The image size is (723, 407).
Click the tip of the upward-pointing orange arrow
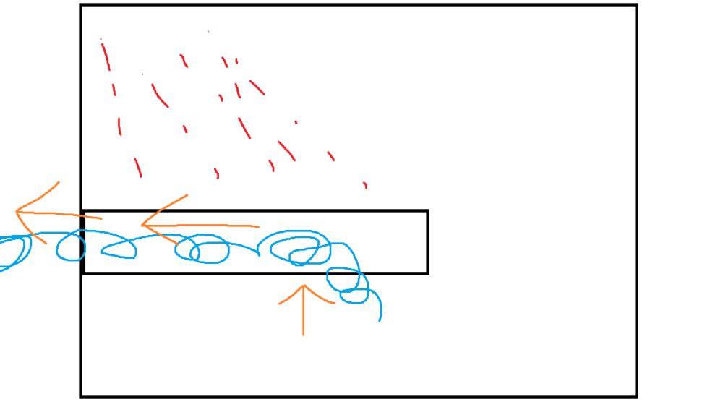304,285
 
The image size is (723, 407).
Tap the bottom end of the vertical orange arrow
304,335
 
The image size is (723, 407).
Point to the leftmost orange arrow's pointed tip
16,212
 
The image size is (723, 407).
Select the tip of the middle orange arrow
142,226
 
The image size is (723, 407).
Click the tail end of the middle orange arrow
259,227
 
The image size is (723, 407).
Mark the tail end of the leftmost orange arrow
102,218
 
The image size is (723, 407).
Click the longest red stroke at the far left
105,54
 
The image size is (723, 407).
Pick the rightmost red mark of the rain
365,185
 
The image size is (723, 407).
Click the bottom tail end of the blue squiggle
380,320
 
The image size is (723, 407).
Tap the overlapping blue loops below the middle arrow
202,249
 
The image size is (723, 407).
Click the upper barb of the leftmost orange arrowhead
58,182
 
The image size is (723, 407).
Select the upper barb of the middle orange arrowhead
187,195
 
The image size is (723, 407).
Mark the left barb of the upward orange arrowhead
280,303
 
